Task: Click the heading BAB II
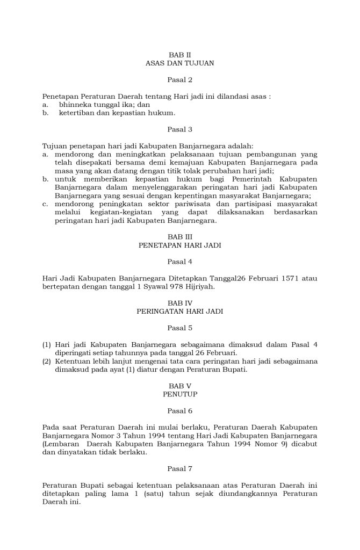pyautogui.click(x=179, y=55)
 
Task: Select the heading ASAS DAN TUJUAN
pyautogui.click(x=179, y=63)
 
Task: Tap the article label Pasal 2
pyautogui.click(x=179, y=80)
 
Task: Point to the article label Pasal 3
pyautogui.click(x=179, y=129)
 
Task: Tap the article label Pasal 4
pyautogui.click(x=179, y=262)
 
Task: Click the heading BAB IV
pyautogui.click(x=179, y=302)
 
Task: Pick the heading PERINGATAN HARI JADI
pyautogui.click(x=179, y=311)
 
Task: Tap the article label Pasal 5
pyautogui.click(x=179, y=328)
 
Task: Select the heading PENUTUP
pyautogui.click(x=179, y=394)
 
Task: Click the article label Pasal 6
pyautogui.click(x=179, y=411)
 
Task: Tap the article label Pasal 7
pyautogui.click(x=179, y=468)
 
